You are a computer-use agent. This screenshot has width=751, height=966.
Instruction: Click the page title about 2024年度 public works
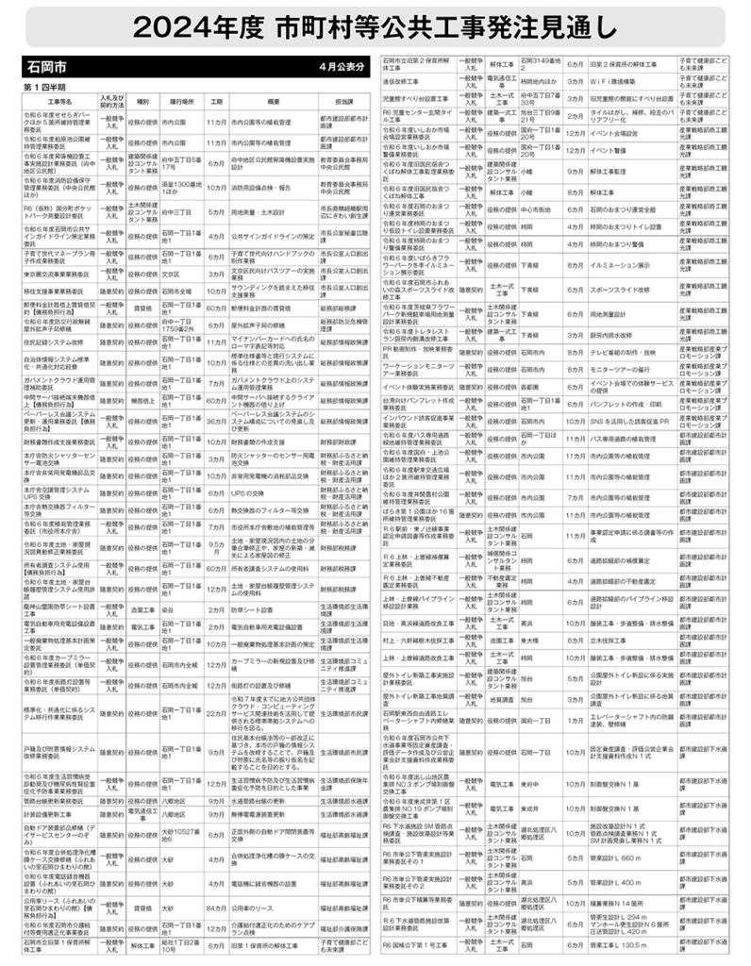[x=375, y=28]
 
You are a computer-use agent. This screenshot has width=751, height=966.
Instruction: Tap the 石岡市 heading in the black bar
[x=46, y=69]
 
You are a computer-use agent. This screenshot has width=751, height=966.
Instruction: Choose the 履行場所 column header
[x=181, y=100]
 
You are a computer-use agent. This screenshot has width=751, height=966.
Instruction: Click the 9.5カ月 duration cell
[x=216, y=547]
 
